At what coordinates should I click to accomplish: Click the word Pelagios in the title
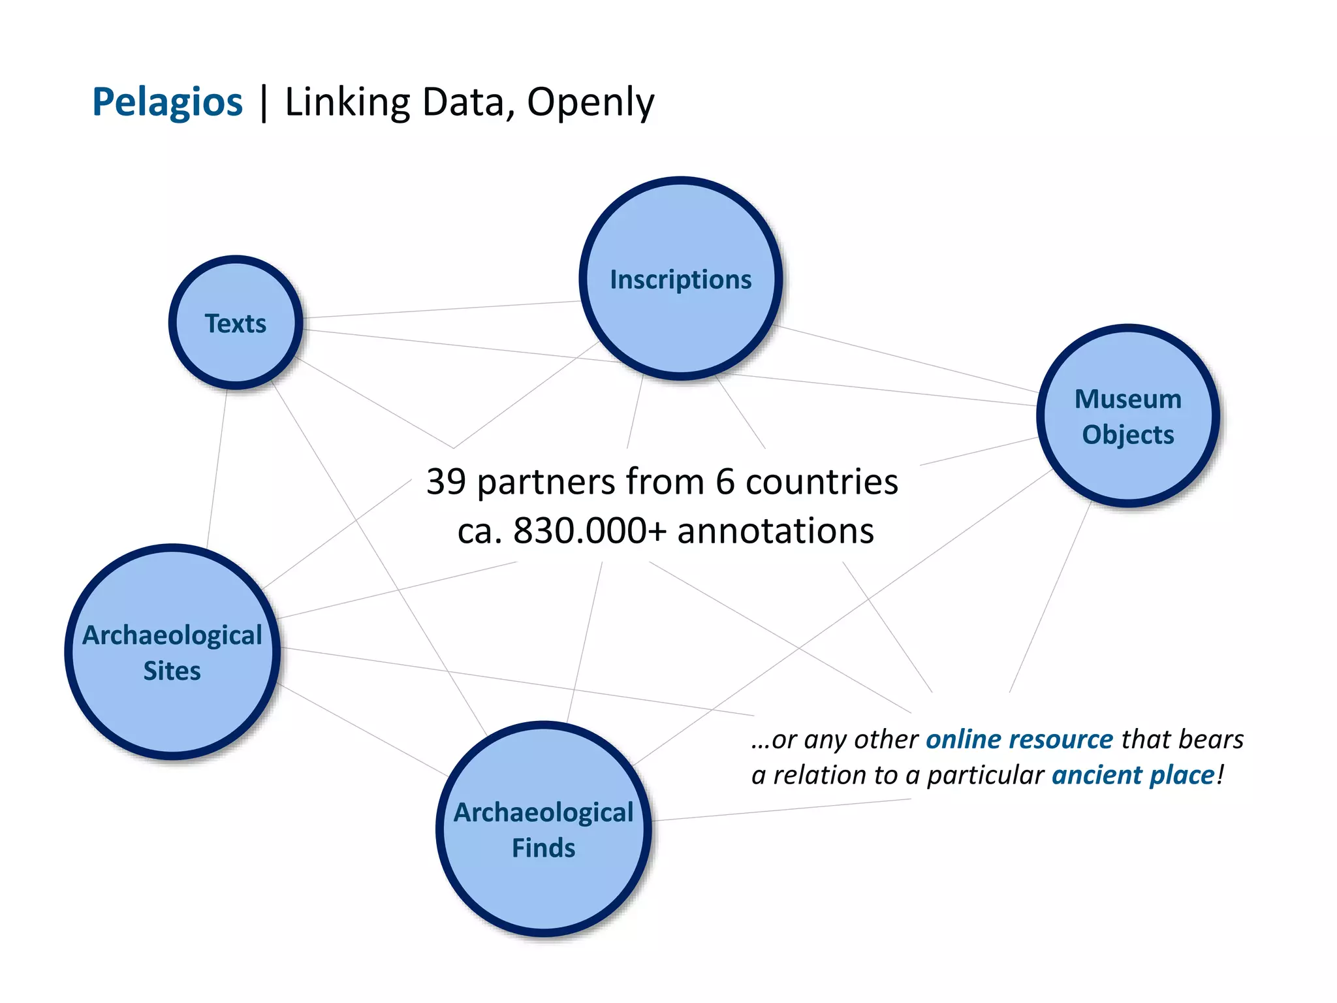pyautogui.click(x=167, y=103)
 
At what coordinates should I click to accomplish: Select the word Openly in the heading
pyautogui.click(x=590, y=103)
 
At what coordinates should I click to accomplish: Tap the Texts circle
pyautogui.click(x=236, y=323)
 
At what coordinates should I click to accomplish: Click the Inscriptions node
pyautogui.click(x=681, y=279)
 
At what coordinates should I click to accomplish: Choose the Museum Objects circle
pyautogui.click(x=1128, y=416)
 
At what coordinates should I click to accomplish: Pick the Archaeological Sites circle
pyautogui.click(x=172, y=652)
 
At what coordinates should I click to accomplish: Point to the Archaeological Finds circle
pyautogui.click(x=544, y=829)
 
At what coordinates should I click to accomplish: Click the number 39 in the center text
pyautogui.click(x=446, y=482)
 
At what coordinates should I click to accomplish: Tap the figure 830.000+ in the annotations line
pyautogui.click(x=590, y=530)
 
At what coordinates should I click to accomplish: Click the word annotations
pyautogui.click(x=776, y=530)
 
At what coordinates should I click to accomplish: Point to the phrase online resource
pyautogui.click(x=1019, y=739)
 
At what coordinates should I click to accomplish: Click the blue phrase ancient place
pyautogui.click(x=1133, y=775)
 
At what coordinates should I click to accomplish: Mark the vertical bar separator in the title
pyautogui.click(x=264, y=103)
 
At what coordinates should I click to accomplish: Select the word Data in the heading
pyautogui.click(x=464, y=103)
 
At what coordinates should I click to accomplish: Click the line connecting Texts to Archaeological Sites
pyautogui.click(x=217, y=467)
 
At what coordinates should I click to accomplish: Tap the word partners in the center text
pyautogui.click(x=546, y=482)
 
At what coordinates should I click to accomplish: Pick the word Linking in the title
pyautogui.click(x=347, y=103)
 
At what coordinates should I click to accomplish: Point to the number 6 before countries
pyautogui.click(x=725, y=482)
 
